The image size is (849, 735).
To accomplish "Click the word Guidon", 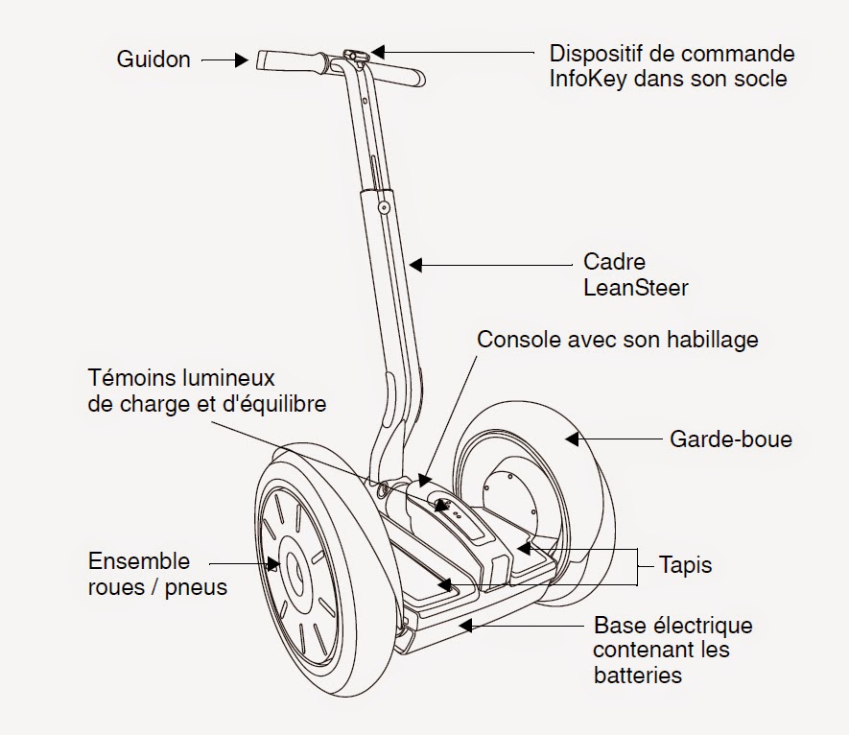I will click(153, 59).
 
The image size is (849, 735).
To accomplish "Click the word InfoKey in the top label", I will click(586, 79).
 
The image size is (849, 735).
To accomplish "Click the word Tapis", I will click(686, 564).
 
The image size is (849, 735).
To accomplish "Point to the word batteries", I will click(637, 675).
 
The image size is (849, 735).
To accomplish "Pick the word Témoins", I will click(127, 377).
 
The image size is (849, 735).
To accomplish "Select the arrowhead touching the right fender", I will click(573, 439).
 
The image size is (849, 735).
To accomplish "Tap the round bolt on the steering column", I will click(383, 206).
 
